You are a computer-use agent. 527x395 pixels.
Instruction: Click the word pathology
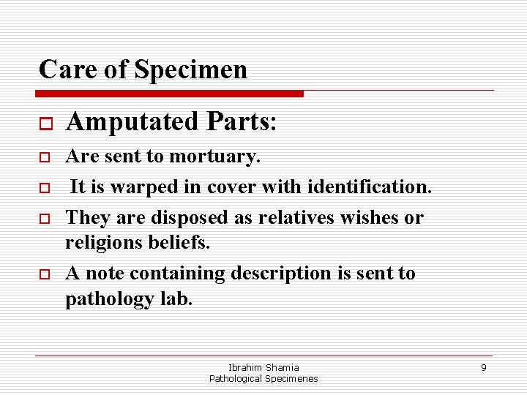[x=112, y=299]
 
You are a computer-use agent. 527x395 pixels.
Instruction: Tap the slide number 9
[x=484, y=367]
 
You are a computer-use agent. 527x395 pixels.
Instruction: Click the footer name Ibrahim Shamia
[x=263, y=367]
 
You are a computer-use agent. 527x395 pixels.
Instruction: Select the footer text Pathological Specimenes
[x=263, y=378]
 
